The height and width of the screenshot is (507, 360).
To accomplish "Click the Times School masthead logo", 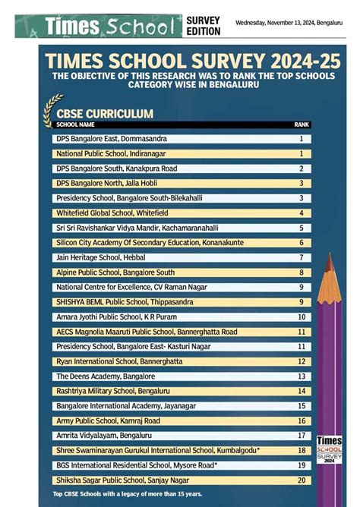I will point(109,27).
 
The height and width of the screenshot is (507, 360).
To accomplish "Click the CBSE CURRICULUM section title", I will point(105,113).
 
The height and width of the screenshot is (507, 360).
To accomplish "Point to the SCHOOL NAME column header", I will point(76,124).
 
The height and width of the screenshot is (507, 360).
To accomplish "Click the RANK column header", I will point(302,124).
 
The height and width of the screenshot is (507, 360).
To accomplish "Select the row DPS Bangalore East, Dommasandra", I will point(112,139).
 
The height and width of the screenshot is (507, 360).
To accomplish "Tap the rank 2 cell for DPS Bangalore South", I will point(302,168).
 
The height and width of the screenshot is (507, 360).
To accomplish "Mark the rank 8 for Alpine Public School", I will point(302,272).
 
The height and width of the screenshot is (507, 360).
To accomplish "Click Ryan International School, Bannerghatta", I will point(119,361).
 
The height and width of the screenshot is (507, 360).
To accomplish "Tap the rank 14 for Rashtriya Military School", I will point(302,391).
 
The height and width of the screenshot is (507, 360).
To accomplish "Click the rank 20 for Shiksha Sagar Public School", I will point(302,480).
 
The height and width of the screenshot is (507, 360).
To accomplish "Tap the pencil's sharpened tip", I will point(329,261).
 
